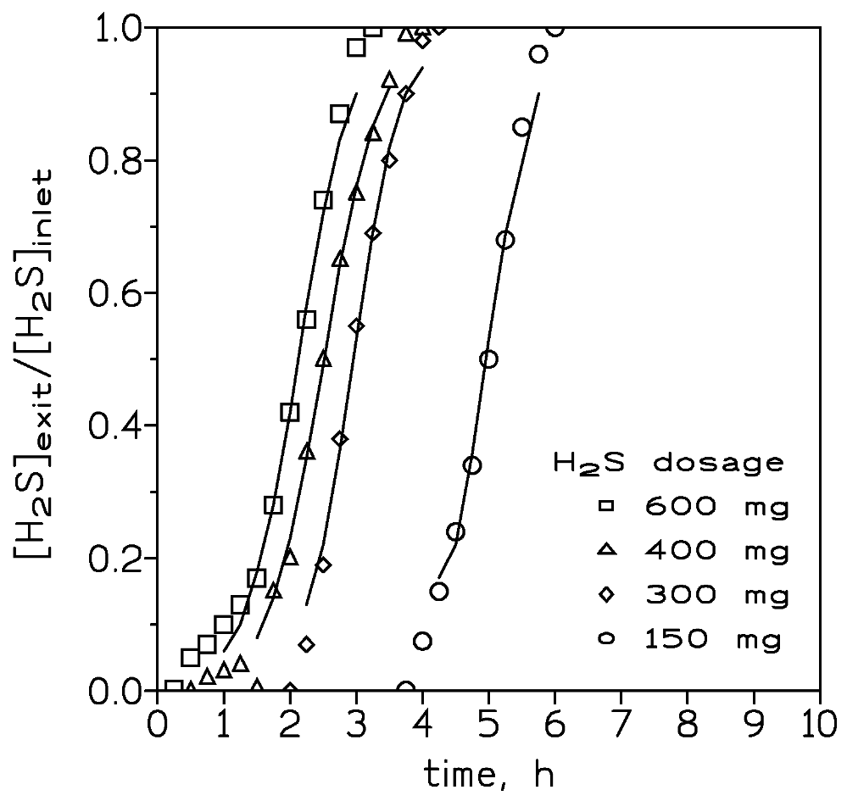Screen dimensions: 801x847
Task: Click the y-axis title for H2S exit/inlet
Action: pos(39,363)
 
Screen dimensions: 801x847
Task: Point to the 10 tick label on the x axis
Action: pos(819,728)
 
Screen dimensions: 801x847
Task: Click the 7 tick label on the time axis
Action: pos(621,728)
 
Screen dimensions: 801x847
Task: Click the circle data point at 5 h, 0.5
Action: pos(488,359)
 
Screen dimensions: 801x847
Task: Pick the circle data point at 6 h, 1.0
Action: pos(555,28)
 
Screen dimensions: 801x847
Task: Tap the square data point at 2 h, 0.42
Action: pos(290,412)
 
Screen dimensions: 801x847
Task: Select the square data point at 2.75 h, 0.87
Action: pos(340,114)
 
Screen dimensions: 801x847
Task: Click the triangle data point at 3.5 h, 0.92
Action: pos(389,81)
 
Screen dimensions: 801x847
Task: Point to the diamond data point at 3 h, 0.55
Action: pos(356,326)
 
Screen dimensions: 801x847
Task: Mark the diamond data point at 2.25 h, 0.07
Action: pos(307,645)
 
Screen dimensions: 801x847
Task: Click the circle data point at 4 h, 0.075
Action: pos(422,641)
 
